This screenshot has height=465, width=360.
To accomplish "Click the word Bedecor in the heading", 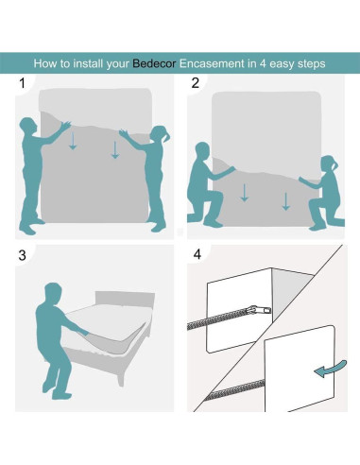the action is tap(154, 63).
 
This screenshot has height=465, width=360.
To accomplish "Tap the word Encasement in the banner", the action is tap(212, 63).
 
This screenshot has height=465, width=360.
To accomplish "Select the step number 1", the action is tap(22, 83).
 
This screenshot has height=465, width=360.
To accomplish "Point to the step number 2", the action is tap(196, 83).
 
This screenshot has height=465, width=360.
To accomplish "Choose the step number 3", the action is tap(22, 255).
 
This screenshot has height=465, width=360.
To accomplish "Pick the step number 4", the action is tap(197, 254).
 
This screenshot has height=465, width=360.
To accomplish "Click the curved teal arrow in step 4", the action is tap(331, 369).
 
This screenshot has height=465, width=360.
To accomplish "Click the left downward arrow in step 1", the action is tap(73, 141).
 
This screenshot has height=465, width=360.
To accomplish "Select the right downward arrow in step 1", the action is tap(115, 149).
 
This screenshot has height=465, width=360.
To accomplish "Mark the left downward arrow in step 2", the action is tap(245, 193).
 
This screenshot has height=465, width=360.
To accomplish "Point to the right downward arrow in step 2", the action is tap(286, 201).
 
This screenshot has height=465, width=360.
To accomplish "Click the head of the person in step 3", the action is tap(53, 293).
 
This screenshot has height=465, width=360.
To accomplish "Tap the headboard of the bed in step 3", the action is tap(125, 300).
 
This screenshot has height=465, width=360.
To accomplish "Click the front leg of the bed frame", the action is tap(121, 377).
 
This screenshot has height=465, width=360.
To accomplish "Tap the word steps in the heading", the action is tap(311, 64).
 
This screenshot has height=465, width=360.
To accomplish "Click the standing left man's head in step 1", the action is tap(27, 126).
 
